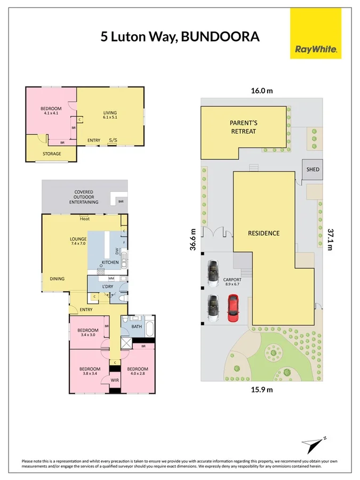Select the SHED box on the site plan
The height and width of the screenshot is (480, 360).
pos(313,170)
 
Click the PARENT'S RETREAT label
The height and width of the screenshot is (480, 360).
pos(243,127)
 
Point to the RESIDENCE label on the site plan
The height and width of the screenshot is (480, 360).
pos(263,233)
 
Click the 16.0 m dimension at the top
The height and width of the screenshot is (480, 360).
pos(261,91)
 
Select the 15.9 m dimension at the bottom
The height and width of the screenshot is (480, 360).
pos(261,389)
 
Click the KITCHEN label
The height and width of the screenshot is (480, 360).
pos(110,263)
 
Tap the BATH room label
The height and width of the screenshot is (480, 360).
pos(137,326)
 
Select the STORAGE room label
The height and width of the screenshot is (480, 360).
pos(52,154)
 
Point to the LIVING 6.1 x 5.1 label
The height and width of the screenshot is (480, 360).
pos(110,115)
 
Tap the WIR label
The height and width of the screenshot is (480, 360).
pos(115,380)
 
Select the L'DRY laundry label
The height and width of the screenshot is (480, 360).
pos(108,286)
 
